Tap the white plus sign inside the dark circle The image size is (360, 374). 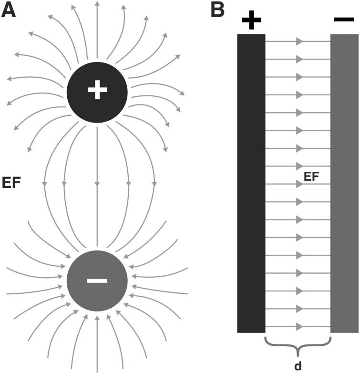[x=97, y=90]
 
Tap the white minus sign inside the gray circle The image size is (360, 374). [x=97, y=280]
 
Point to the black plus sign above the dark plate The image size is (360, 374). [x=251, y=21]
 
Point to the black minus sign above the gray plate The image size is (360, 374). [x=344, y=20]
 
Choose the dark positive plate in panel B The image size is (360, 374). [x=251, y=184]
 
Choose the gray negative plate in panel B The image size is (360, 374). [x=344, y=184]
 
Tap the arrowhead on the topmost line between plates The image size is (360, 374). [x=299, y=42]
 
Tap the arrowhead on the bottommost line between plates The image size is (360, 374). [x=299, y=327]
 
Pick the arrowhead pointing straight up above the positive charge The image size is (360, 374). [x=97, y=4]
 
